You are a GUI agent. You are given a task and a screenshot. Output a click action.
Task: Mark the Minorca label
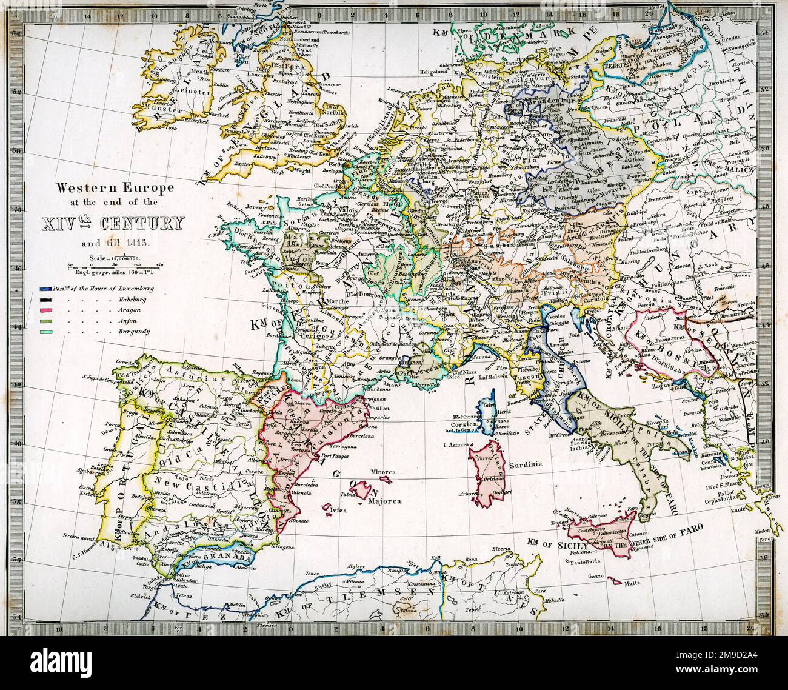coord(381,472)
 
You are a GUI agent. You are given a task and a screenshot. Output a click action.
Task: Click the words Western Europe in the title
coord(115,189)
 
